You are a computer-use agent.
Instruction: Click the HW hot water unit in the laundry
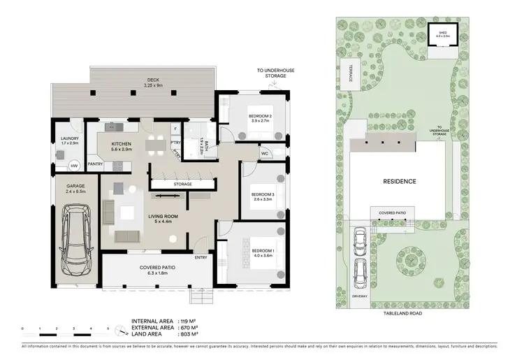(74, 166)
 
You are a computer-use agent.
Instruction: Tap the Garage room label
(75, 186)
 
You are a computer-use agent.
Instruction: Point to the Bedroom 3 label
(263, 194)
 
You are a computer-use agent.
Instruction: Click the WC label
(265, 152)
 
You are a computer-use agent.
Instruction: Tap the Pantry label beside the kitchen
(96, 165)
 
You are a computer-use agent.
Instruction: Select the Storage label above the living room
(183, 184)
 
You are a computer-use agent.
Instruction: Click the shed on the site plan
(443, 36)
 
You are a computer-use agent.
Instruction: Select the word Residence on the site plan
(400, 181)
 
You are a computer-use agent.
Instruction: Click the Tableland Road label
(401, 314)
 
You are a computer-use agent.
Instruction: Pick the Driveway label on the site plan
(359, 296)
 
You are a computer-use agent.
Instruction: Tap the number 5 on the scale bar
(108, 328)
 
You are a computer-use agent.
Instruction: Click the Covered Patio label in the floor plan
(156, 267)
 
